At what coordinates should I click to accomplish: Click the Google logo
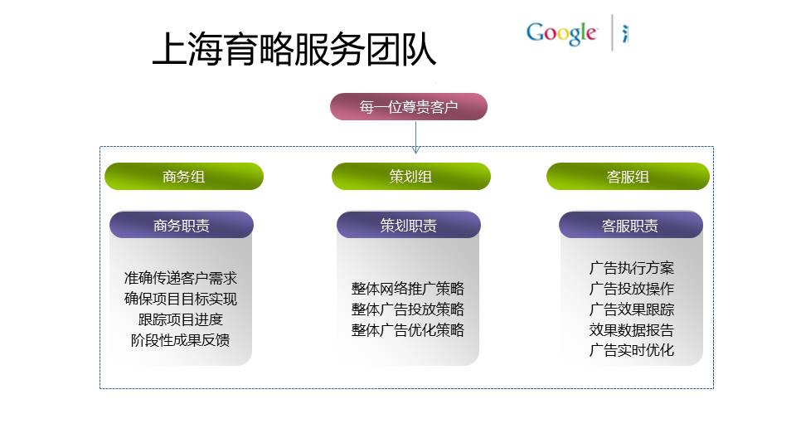561,33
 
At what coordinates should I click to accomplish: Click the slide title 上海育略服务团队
294,49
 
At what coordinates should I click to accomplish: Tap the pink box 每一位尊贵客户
409,107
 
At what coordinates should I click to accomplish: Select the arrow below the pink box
415,137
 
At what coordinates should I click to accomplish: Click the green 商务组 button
184,176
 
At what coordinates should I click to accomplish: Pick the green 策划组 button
411,176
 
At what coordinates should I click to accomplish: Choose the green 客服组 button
628,176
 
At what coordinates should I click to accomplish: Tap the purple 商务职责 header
182,225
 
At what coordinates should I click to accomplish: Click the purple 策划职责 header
409,225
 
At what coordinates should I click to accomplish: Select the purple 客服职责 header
630,225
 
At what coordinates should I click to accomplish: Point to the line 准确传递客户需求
181,279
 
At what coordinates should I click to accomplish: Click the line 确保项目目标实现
181,299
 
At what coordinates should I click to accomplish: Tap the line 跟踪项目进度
181,319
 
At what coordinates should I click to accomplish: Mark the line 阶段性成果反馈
181,340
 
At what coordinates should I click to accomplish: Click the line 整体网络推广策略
408,289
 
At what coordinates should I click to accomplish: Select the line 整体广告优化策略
408,330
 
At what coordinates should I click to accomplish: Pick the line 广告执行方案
632,268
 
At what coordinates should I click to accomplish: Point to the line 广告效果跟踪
632,309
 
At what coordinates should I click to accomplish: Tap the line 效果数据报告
632,330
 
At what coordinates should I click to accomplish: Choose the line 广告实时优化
632,350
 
